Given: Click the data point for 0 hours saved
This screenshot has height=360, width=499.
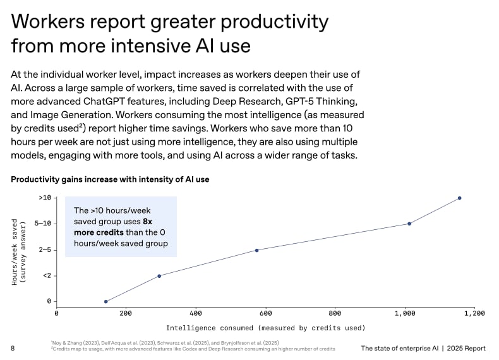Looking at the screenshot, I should [x=105, y=301].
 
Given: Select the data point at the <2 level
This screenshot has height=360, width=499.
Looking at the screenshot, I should [x=159, y=275].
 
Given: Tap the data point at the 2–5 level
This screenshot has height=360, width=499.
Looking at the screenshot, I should [x=256, y=250].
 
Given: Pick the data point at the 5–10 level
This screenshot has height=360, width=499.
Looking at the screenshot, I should [x=409, y=224].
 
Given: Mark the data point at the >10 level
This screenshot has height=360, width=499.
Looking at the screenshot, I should [x=459, y=198].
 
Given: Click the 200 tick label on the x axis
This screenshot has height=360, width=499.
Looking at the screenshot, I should [x=126, y=313].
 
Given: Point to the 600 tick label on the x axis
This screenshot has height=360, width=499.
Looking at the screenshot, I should [x=265, y=313].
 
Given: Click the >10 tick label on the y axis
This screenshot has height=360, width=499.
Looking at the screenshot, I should [x=44, y=198].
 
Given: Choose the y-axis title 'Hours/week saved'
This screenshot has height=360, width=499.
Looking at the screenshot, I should [x=15, y=251].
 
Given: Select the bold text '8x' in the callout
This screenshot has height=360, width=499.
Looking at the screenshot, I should [x=148, y=222].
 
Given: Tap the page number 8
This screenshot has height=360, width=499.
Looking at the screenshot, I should [x=13, y=348].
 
